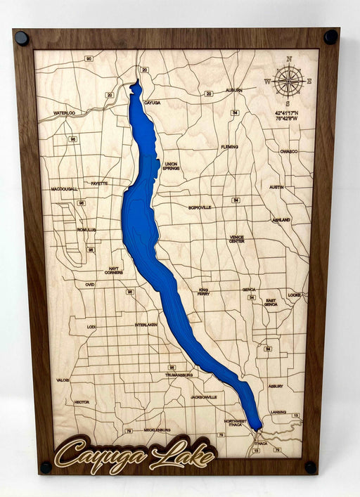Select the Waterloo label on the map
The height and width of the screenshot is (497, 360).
click(64, 112)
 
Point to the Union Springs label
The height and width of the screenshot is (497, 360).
click(171, 166)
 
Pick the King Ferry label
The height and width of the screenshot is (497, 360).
click(204, 292)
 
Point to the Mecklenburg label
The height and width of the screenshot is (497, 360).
click(157, 430)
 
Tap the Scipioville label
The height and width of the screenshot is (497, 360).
click(200, 208)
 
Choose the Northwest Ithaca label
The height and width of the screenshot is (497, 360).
click(236, 422)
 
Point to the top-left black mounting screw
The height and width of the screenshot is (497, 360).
click(22, 38)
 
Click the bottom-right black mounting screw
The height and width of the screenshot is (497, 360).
click(309, 467)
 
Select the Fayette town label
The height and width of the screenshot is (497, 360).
click(99, 183)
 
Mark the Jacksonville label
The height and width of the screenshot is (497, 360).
click(203, 397)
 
